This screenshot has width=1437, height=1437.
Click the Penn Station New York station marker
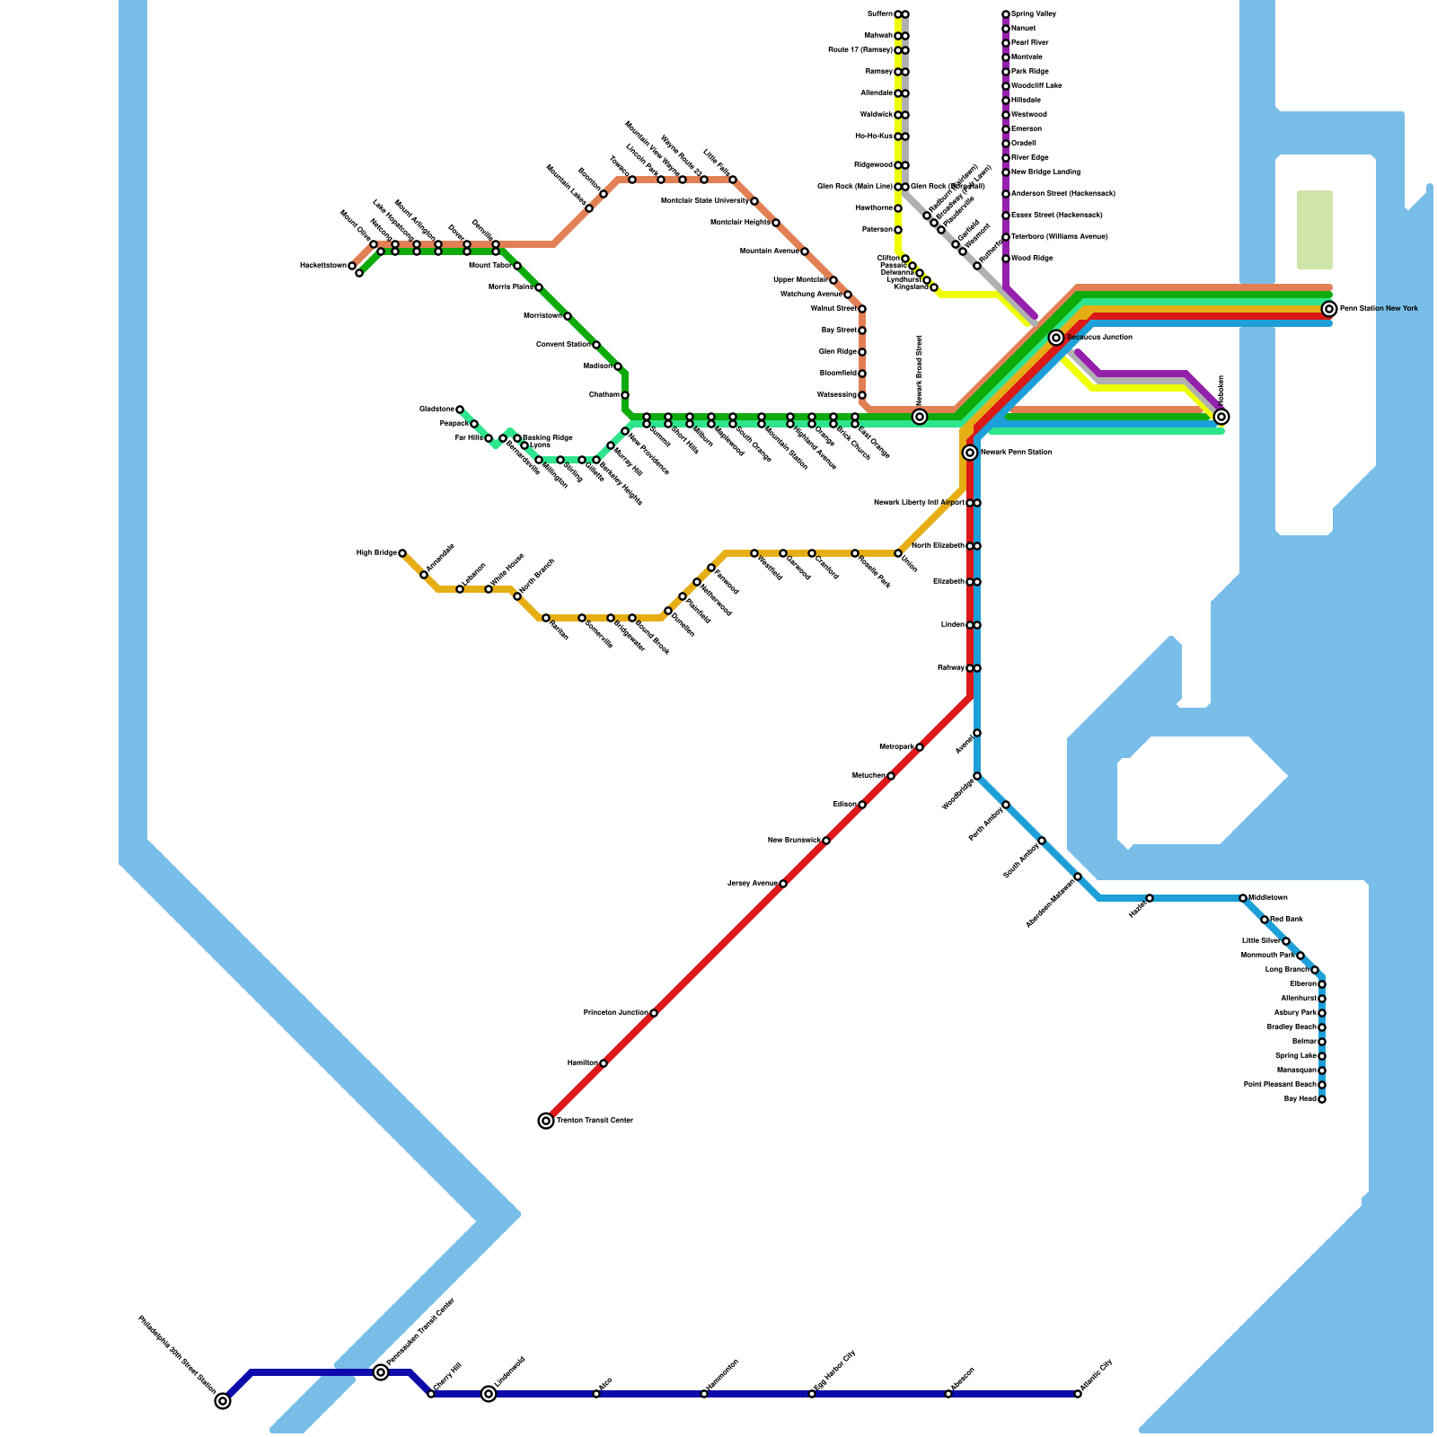[1328, 309]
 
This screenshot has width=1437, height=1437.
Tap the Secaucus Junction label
[1099, 338]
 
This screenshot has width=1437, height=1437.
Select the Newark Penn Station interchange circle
[970, 453]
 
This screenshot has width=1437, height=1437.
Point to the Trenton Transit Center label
[595, 1121]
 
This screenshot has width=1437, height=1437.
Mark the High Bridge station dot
[402, 553]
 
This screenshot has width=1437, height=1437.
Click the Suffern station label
[879, 14]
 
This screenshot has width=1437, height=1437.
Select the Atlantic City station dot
[1078, 1394]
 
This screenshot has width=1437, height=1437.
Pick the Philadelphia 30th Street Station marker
[223, 1401]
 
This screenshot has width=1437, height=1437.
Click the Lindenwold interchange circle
[489, 1394]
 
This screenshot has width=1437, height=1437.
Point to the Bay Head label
[1300, 1099]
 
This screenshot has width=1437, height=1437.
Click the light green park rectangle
[1314, 230]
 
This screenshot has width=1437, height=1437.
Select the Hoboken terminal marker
[1221, 417]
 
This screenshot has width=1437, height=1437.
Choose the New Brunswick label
[794, 841]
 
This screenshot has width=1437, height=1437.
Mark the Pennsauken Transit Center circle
[381, 1372]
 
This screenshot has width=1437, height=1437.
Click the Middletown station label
[1267, 898]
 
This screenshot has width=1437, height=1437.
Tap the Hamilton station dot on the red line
[604, 1063]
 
